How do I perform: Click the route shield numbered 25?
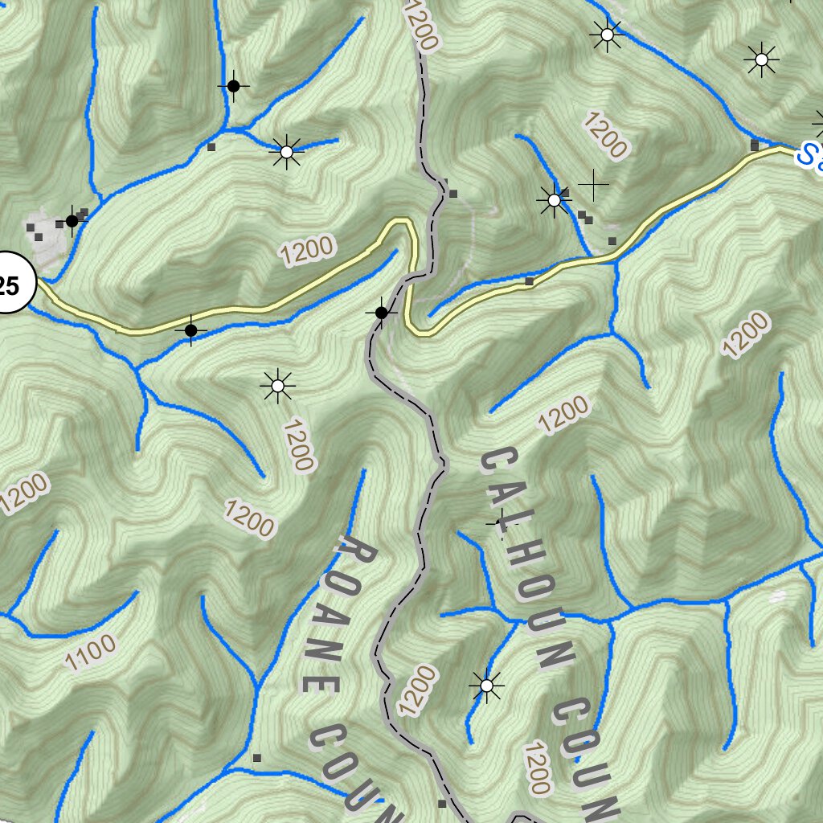coord(11,285)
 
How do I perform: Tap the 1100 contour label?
coord(90,653)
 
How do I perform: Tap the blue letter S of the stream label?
coord(806,155)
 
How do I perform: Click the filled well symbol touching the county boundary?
coord(382,313)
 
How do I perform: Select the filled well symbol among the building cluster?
coord(72,220)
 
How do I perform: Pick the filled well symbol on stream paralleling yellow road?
coord(190,330)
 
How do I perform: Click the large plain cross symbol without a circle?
coord(593,185)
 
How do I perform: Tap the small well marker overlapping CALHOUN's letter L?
coord(499,523)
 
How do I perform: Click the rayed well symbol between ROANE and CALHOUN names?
coord(486,686)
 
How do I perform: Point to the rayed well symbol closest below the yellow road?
coord(277,387)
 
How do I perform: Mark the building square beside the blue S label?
coord(754,145)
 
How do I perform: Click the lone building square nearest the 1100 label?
coord(257,757)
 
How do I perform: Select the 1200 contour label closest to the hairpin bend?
coord(307,251)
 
